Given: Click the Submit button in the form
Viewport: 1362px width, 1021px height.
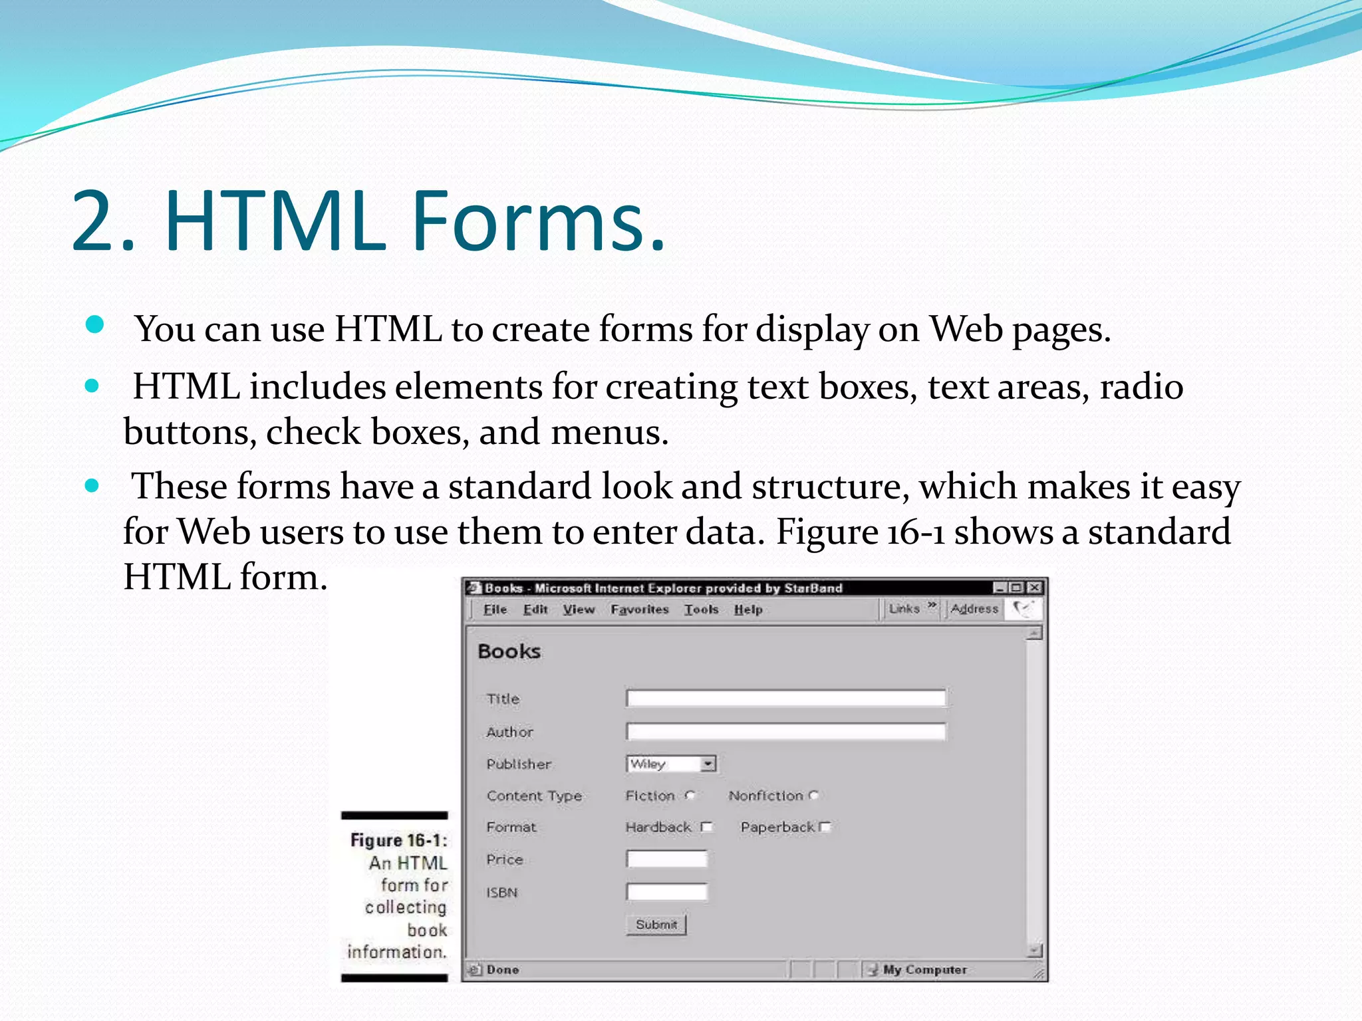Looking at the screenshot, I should (656, 925).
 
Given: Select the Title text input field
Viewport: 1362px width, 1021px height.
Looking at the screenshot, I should (785, 698).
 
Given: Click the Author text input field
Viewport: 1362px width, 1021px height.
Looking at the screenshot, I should (785, 732).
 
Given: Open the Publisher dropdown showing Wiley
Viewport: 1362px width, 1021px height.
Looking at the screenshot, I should (671, 764).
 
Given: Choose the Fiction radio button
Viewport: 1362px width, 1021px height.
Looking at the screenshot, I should (690, 795).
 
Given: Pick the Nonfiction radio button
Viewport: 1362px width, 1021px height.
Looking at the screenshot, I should (814, 795).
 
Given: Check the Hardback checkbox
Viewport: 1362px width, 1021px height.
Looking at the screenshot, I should (706, 827).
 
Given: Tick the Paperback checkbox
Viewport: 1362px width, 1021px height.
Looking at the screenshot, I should (825, 827).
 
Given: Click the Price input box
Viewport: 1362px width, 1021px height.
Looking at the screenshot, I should (666, 859).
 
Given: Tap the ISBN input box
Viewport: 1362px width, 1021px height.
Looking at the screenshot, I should (666, 892).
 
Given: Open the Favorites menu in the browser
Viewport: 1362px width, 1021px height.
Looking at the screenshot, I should (639, 609).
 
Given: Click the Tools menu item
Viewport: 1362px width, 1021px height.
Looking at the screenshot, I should (701, 609).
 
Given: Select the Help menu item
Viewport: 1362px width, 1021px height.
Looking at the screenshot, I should (748, 609).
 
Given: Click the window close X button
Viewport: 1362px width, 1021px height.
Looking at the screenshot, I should (1034, 588).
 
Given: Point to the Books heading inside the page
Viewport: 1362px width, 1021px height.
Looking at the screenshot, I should (509, 651).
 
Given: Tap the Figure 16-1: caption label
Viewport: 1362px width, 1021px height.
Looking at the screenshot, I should (398, 840).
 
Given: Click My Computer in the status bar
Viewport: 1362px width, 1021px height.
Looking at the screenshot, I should (924, 970).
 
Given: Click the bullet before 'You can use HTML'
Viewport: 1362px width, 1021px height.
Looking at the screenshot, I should (95, 325).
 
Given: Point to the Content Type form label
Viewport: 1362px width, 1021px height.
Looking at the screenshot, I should (534, 796).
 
